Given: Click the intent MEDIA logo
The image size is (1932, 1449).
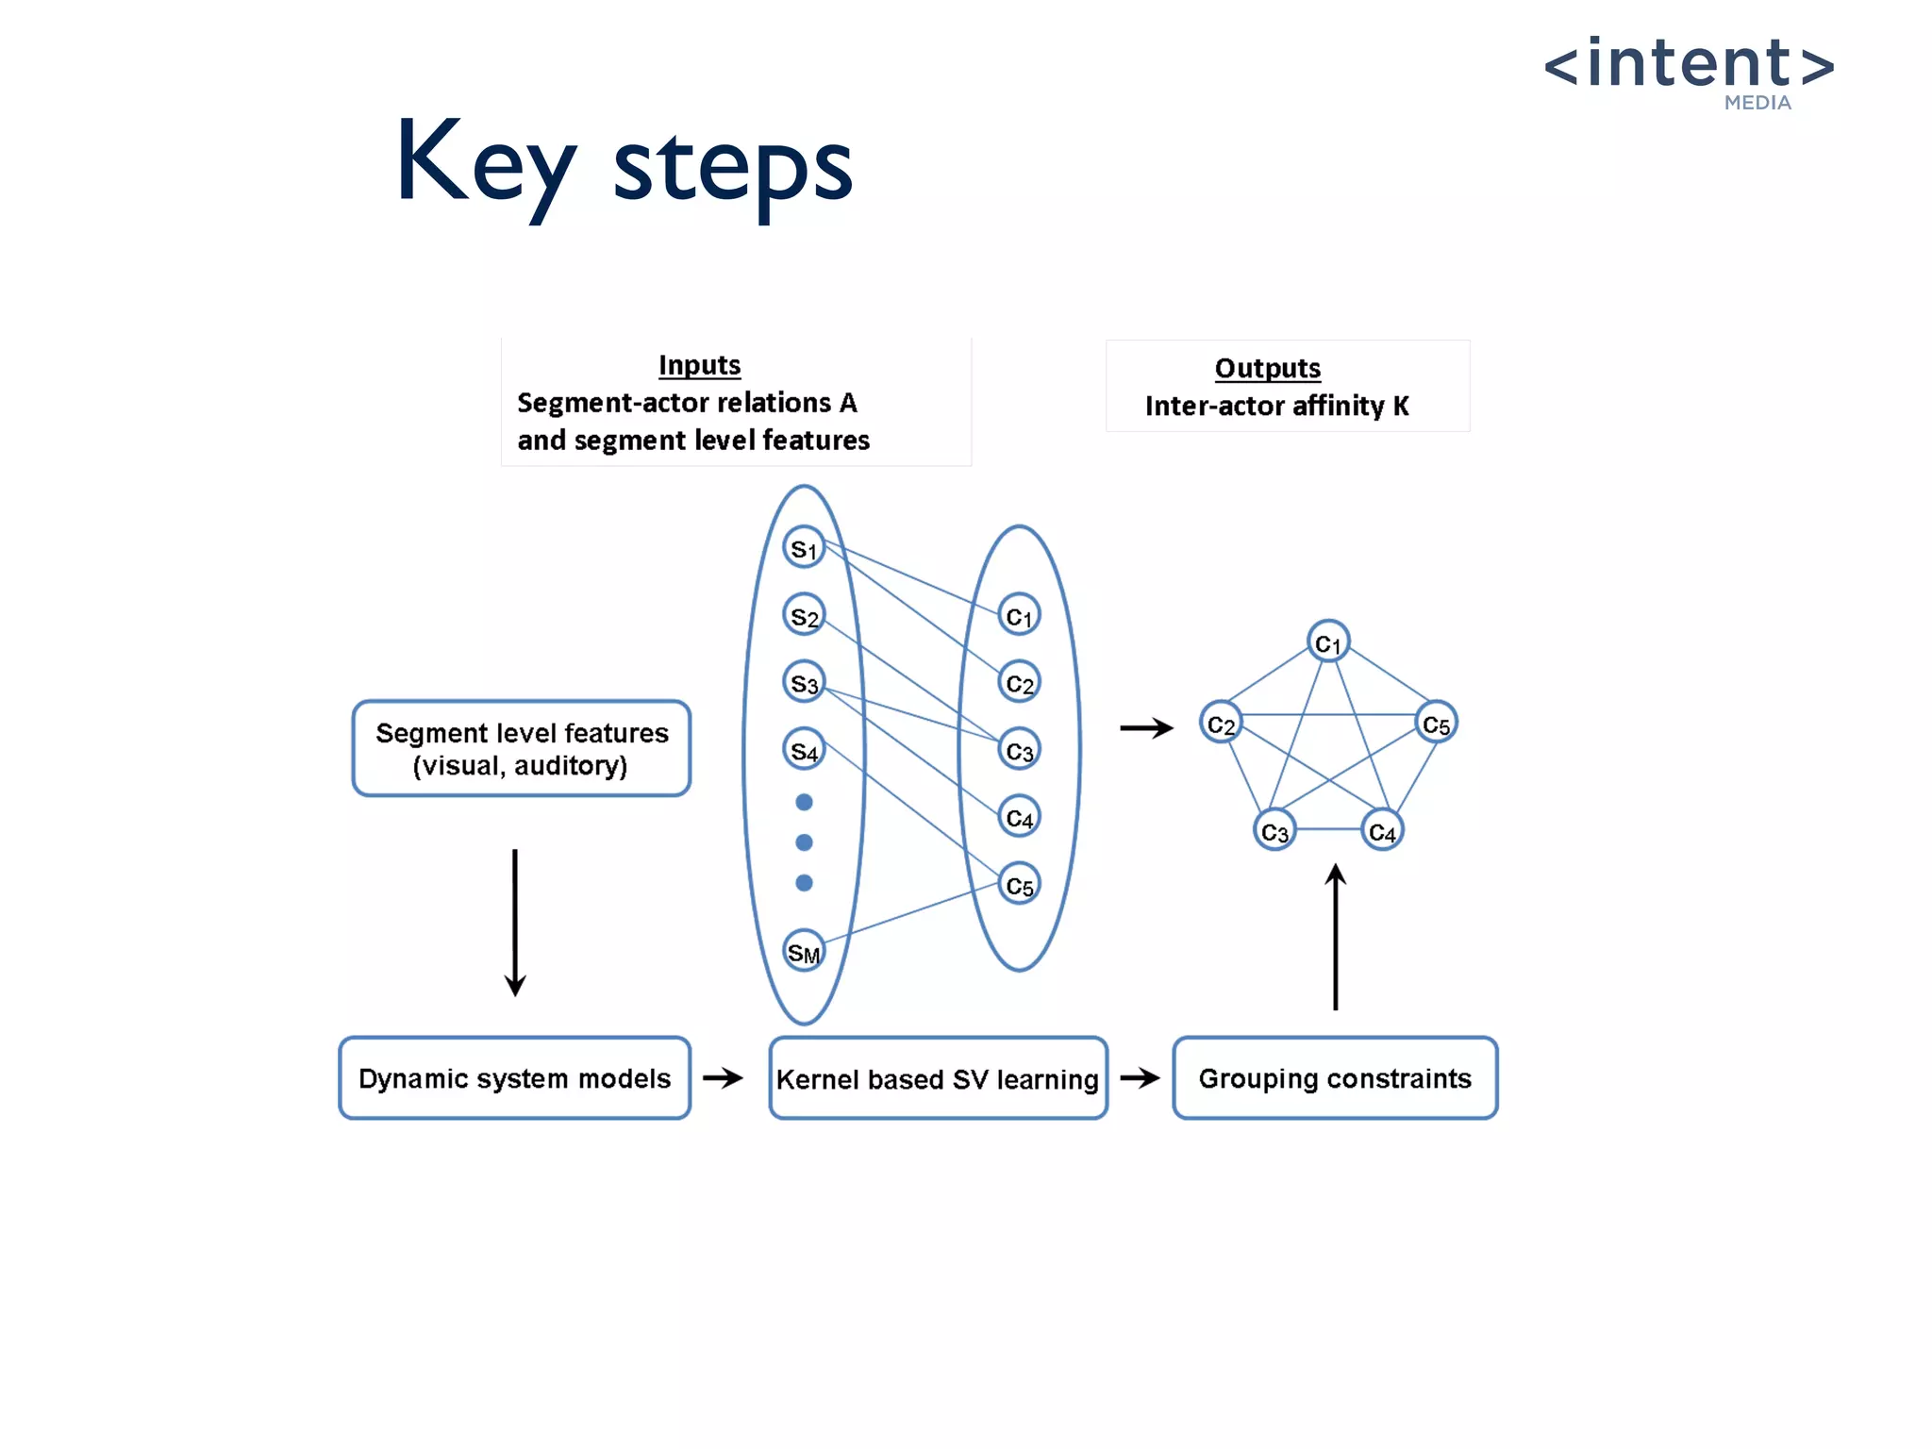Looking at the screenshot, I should tap(1689, 71).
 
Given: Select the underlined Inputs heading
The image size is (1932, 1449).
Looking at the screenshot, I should tap(699, 365).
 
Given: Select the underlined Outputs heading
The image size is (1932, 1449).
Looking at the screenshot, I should tap(1267, 368).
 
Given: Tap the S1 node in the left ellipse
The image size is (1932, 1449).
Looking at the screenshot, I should tap(804, 548).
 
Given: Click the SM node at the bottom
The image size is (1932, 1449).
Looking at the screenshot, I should tap(804, 952).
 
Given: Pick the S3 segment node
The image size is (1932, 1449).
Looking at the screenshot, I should tap(804, 682).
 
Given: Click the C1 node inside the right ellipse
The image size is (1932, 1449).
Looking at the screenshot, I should tap(1019, 616).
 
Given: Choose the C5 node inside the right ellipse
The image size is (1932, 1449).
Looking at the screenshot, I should tap(1019, 885).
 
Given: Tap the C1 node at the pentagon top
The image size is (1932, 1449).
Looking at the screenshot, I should tap(1328, 642).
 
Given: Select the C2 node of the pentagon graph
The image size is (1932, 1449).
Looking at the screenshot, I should tap(1221, 724).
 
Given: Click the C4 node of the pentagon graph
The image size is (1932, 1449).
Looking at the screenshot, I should tap(1382, 831).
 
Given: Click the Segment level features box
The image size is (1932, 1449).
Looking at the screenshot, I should tap(522, 748).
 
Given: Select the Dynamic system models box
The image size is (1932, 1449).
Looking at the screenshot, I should tap(515, 1077).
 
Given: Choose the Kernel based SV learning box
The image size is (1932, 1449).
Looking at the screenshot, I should tap(938, 1078).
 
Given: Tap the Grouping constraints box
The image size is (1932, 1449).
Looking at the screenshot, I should tap(1335, 1077).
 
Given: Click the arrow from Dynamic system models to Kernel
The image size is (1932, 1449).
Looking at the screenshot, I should tap(724, 1077).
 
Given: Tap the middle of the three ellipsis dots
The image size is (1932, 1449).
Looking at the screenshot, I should tap(804, 842).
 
